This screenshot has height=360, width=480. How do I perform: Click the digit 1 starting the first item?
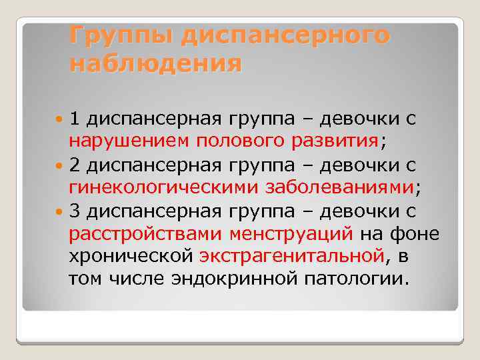(75, 119)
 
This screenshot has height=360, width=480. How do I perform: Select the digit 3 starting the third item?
(75, 211)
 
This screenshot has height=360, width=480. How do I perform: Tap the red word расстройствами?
(145, 234)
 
